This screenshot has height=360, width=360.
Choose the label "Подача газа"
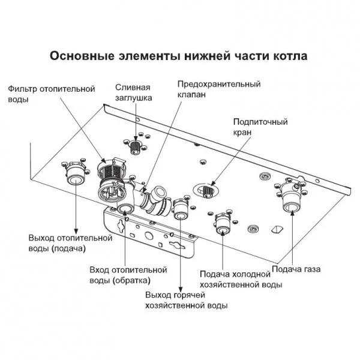(296, 269)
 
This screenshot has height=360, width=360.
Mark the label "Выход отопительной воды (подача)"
(70, 242)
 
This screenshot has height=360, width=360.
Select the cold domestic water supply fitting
(221, 223)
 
